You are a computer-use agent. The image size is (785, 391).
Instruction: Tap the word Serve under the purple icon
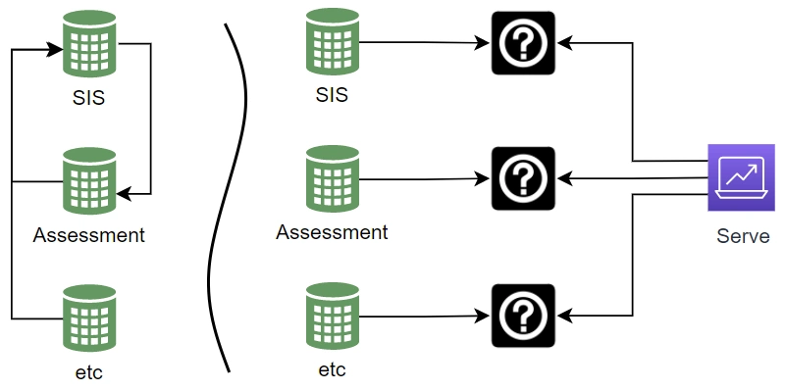743,236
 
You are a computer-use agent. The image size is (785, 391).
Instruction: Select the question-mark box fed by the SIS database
523,43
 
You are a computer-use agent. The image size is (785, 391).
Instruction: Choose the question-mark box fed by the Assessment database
523,178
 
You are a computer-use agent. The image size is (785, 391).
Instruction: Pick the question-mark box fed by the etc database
523,316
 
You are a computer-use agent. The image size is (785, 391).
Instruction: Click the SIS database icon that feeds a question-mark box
333,43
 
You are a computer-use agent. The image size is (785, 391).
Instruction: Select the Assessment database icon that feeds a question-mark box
333,179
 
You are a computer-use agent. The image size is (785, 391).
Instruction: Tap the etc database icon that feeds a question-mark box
333,317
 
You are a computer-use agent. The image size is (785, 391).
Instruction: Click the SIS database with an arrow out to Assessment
89,45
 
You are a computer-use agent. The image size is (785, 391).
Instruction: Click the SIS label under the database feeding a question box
332,95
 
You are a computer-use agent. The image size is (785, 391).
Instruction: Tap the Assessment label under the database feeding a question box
332,232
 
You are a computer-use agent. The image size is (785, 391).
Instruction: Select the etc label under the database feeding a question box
332,370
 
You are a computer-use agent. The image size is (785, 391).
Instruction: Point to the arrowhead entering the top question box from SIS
484,43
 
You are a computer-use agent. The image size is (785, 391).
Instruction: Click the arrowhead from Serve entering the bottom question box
563,316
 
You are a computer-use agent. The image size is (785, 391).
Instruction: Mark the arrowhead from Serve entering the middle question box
563,178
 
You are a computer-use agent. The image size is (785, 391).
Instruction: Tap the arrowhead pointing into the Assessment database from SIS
123,192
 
